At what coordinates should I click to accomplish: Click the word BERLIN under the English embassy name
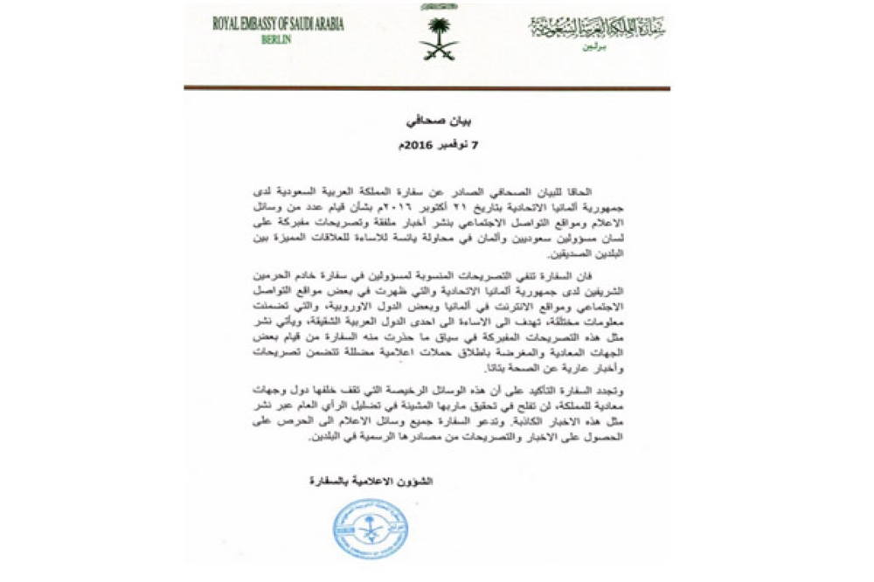point(277,39)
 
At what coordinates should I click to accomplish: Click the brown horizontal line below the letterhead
point(427,88)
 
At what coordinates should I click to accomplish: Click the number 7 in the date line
point(475,145)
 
